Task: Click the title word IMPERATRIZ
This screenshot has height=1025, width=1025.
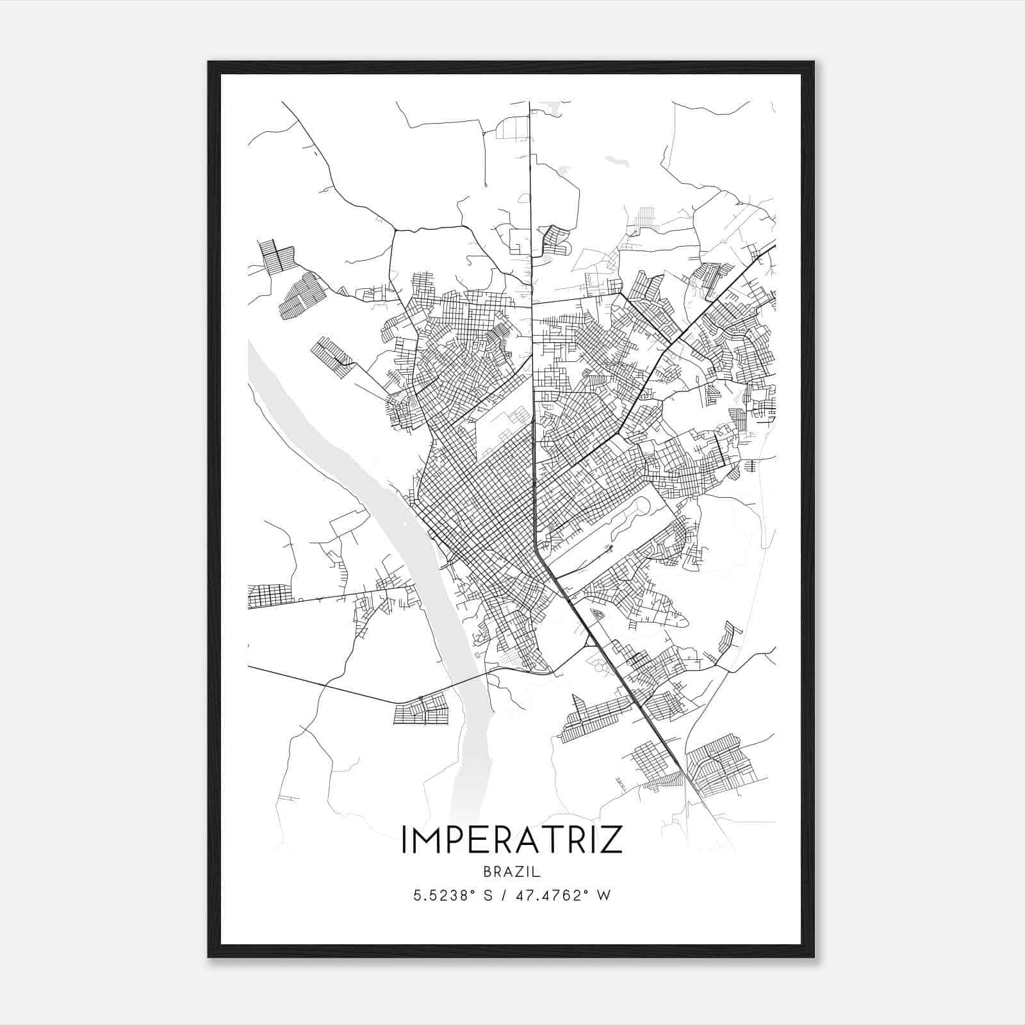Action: pos(512,840)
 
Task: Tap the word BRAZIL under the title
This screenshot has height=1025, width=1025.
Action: pos(512,872)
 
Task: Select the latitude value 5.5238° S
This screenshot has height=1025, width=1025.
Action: pos(454,895)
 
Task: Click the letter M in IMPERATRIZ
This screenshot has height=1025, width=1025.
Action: pos(426,840)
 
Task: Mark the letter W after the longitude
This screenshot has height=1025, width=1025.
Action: pos(604,895)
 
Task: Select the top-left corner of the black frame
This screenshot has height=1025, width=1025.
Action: pos(209,62)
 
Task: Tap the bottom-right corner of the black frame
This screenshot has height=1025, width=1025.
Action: pos(814,957)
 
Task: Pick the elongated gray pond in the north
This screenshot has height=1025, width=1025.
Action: pos(616,161)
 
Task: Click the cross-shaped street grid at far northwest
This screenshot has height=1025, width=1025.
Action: pos(277,256)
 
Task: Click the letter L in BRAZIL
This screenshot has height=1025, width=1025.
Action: pos(537,872)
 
